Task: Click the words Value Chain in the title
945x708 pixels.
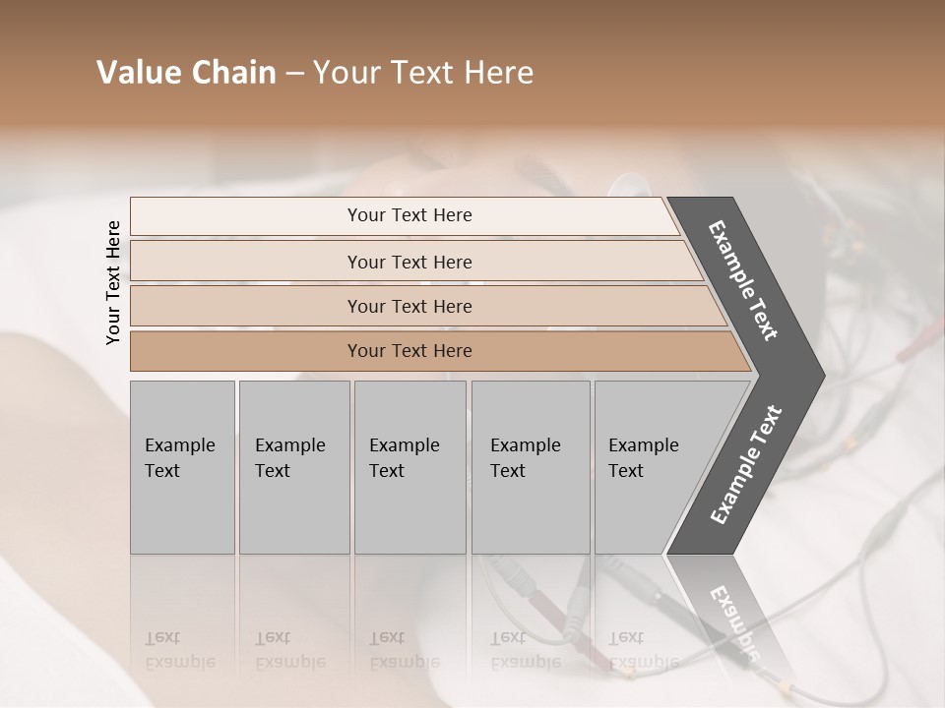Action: coord(186,73)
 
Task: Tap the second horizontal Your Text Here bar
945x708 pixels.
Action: coord(409,262)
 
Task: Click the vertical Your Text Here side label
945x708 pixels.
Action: coord(113,282)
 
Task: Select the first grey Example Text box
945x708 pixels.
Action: coord(182,467)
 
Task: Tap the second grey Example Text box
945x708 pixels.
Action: coord(293,467)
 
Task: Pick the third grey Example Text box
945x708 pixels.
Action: coord(409,467)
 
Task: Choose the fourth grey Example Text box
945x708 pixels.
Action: coord(530,467)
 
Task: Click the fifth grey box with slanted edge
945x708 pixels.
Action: coord(650,467)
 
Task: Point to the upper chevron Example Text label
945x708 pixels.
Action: coord(744,281)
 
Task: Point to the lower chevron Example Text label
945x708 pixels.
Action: coord(746,465)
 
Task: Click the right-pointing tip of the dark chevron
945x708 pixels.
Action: coord(819,377)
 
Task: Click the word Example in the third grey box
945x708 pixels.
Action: coord(404,445)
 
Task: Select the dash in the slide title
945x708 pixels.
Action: coord(293,74)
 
